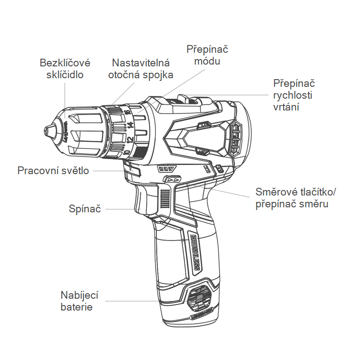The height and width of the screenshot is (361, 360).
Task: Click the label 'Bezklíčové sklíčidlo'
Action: point(65,68)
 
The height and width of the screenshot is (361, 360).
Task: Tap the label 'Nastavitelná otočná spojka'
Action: point(141,69)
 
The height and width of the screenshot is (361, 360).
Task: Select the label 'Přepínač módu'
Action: point(208,55)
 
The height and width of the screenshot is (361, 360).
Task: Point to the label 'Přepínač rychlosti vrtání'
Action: point(294,95)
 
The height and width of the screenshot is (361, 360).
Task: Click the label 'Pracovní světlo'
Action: point(53,171)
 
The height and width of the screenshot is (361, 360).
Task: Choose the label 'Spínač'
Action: point(84,209)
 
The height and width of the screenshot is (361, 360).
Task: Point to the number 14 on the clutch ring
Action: point(130,125)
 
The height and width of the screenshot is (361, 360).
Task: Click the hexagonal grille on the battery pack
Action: point(200,298)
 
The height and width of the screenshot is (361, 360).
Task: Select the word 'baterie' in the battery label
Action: point(76,307)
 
